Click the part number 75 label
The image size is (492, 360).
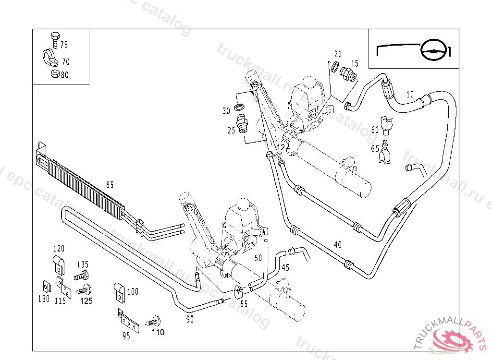64,45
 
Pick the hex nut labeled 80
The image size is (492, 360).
54,74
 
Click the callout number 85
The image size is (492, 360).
110,184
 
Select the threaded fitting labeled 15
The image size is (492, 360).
347,74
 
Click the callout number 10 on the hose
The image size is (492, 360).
409,94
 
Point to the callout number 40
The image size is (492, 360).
338,244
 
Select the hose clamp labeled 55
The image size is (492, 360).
238,291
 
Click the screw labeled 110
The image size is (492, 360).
155,321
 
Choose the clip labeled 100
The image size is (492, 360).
119,289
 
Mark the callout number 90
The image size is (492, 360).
190,319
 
